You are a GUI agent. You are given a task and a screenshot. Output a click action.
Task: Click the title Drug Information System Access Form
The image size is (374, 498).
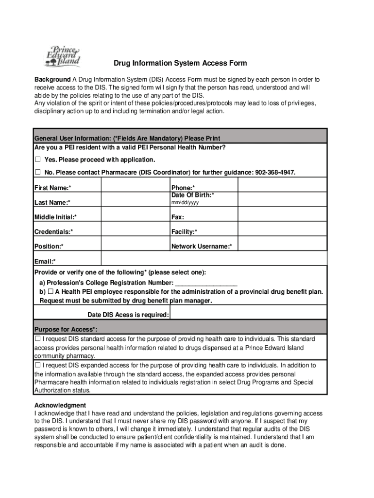pos(180,63)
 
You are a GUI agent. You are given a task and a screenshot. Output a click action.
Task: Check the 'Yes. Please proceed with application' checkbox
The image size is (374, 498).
pos(37,160)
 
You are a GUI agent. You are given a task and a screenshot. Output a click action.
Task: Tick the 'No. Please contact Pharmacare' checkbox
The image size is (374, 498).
pos(37,173)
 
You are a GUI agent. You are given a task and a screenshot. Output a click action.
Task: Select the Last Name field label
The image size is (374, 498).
pos(52,202)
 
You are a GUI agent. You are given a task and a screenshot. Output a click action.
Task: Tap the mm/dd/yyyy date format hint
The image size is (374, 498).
pos(185,202)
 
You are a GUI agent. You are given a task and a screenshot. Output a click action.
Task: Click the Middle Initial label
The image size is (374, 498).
pos(55,217)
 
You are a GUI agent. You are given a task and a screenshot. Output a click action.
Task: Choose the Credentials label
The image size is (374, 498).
pos(53,231)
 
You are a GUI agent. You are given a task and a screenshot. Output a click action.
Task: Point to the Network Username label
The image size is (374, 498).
pos(202,247)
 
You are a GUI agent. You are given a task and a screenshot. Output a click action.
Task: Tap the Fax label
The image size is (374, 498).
pos(177,217)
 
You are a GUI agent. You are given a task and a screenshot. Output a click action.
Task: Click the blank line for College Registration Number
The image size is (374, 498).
pos(206,283)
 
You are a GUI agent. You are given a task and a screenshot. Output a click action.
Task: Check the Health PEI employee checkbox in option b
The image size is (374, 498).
pos(50,292)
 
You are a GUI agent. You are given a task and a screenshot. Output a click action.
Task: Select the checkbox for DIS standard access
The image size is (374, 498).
pos(38,338)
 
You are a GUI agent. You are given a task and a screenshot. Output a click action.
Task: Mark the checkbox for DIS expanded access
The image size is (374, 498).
pos(38,365)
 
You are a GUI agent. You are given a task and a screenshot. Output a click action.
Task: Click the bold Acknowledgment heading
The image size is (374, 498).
pos(60,405)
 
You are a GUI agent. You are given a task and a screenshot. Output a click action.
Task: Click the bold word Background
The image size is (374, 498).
pos(52,79)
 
